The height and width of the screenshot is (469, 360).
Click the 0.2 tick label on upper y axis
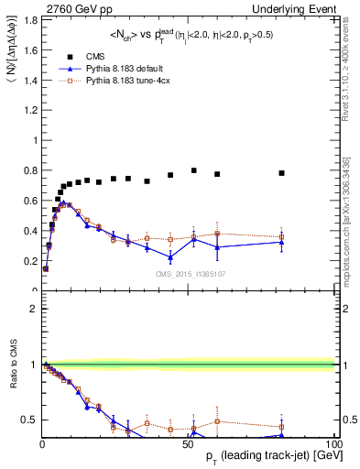28,261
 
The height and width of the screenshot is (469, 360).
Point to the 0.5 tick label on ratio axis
30,420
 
